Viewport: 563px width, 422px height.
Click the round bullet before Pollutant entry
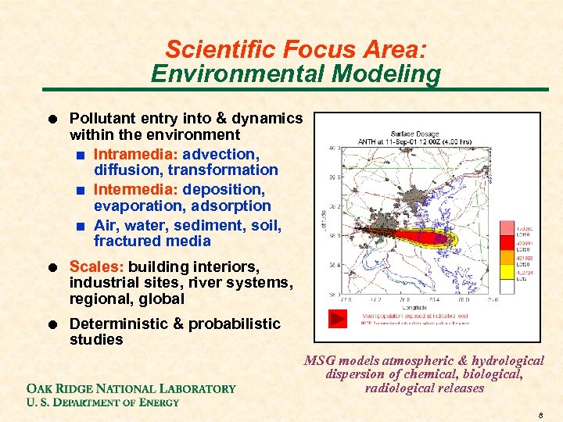pos(51,120)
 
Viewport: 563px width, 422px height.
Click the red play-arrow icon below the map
pos(337,319)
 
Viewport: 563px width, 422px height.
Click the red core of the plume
pos(414,234)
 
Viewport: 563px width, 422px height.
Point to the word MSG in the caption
pos(317,361)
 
